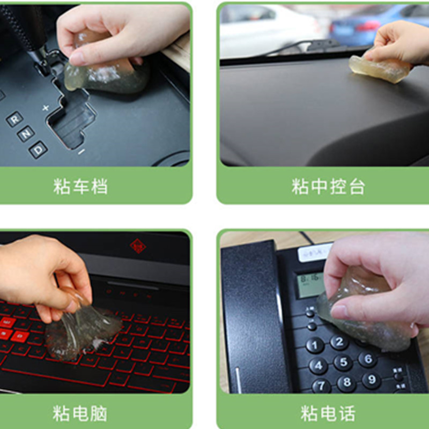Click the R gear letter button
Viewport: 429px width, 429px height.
click(14, 119)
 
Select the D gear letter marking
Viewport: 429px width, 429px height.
click(38, 149)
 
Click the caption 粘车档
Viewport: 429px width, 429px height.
click(80, 187)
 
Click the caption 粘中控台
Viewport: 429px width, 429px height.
click(328, 187)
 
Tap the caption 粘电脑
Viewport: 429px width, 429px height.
click(80, 413)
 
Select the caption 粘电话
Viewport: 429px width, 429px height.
click(328, 413)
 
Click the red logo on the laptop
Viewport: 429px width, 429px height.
click(138, 246)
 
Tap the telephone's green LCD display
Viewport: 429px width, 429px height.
click(311, 284)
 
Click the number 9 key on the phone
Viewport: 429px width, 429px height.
click(372, 381)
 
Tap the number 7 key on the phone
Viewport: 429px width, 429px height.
click(321, 386)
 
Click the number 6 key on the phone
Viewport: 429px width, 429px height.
click(368, 359)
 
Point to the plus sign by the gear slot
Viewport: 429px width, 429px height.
click(46, 108)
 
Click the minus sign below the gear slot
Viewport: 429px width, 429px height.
click(81, 152)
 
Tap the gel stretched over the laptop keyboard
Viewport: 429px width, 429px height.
click(80, 327)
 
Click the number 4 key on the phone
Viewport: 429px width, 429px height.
click(318, 366)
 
